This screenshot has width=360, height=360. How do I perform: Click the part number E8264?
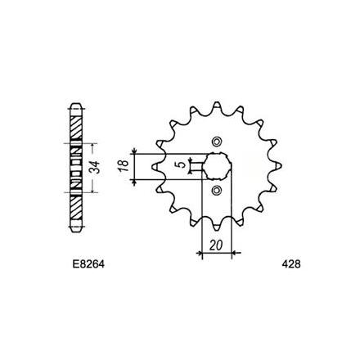pos(88,264)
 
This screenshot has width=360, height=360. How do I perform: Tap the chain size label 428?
pos(291,264)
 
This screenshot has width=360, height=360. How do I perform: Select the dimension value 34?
pos(95,168)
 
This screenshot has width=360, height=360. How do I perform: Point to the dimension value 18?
pos(124,165)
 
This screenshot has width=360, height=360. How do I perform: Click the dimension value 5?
pos(182,164)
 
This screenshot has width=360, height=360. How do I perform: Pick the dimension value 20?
pos(216,245)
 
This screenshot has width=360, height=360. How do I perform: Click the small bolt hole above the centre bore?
pos(217,142)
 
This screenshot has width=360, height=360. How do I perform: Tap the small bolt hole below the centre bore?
pos(217,190)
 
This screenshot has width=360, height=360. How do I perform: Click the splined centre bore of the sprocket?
pos(218,166)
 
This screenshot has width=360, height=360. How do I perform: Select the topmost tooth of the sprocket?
pos(217,106)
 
